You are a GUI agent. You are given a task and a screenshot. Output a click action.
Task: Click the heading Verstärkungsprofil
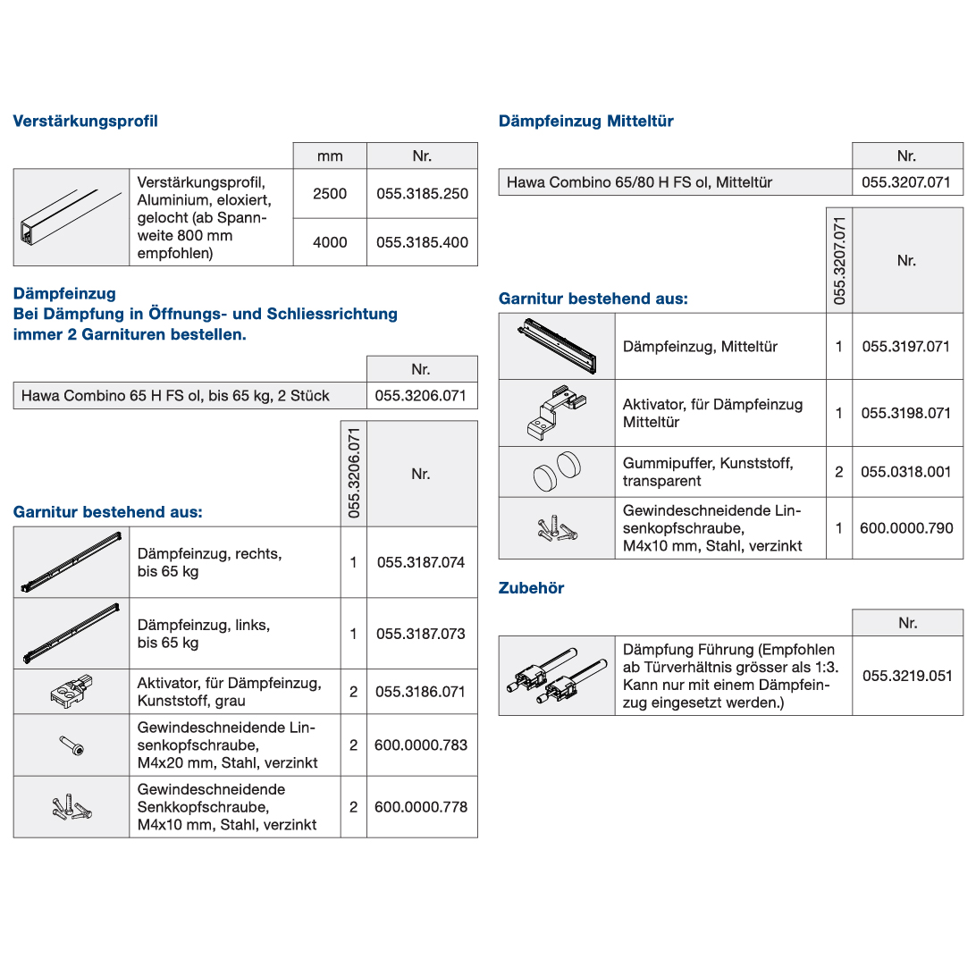(x=85, y=121)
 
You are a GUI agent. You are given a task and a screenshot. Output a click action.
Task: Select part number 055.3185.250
(x=422, y=193)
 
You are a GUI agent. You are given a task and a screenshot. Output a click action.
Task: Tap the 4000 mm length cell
(x=330, y=242)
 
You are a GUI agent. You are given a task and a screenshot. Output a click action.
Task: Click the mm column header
(x=330, y=156)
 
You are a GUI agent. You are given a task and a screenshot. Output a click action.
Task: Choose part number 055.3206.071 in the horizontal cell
(x=421, y=395)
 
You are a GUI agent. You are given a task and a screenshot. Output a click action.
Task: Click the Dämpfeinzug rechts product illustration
(x=71, y=563)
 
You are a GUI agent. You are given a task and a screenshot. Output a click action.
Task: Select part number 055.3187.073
(x=421, y=634)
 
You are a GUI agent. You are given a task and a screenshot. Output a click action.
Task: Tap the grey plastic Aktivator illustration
(x=72, y=691)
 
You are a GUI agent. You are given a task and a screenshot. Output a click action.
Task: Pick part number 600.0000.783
(x=421, y=745)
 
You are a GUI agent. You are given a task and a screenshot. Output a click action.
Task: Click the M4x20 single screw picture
(x=72, y=745)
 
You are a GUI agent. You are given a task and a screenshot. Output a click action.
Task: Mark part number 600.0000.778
(x=421, y=806)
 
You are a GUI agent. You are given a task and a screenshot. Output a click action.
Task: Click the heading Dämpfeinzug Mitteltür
(x=586, y=121)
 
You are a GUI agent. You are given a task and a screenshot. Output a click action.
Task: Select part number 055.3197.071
(x=905, y=346)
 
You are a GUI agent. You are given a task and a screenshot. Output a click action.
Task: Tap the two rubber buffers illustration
(x=556, y=471)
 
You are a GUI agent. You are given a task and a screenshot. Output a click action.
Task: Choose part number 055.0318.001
(x=905, y=471)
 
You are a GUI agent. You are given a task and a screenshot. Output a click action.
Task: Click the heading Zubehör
(x=532, y=588)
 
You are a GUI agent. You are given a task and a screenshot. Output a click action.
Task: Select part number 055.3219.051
(x=907, y=676)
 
